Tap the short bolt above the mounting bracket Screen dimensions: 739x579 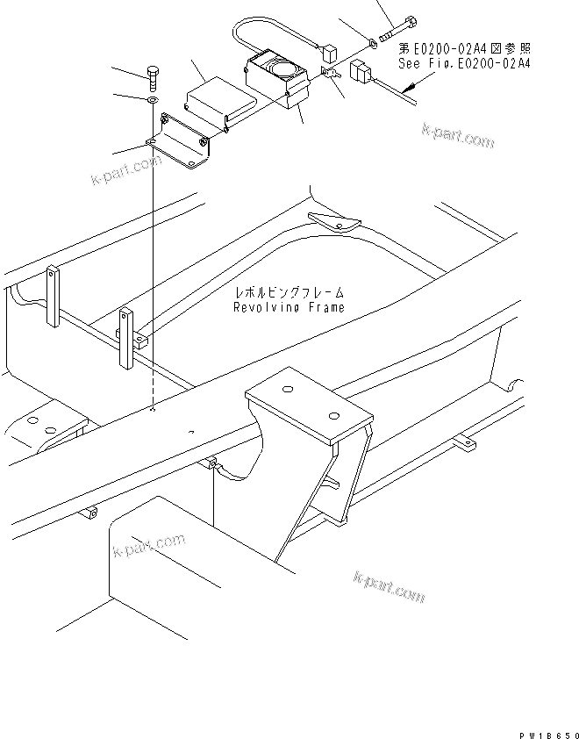[152, 80]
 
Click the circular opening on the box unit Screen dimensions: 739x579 [282, 68]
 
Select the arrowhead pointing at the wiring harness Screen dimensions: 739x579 [410, 88]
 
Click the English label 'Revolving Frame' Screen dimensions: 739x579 [289, 307]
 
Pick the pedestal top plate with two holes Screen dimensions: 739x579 [307, 404]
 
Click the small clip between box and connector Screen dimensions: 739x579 [331, 75]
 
